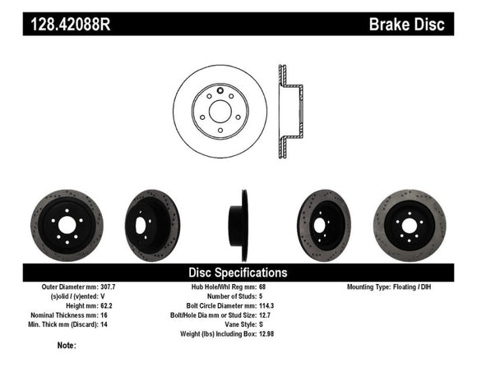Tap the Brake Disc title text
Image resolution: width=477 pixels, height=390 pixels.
tap(406, 25)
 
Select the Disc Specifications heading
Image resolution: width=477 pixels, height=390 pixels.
tap(238, 272)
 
